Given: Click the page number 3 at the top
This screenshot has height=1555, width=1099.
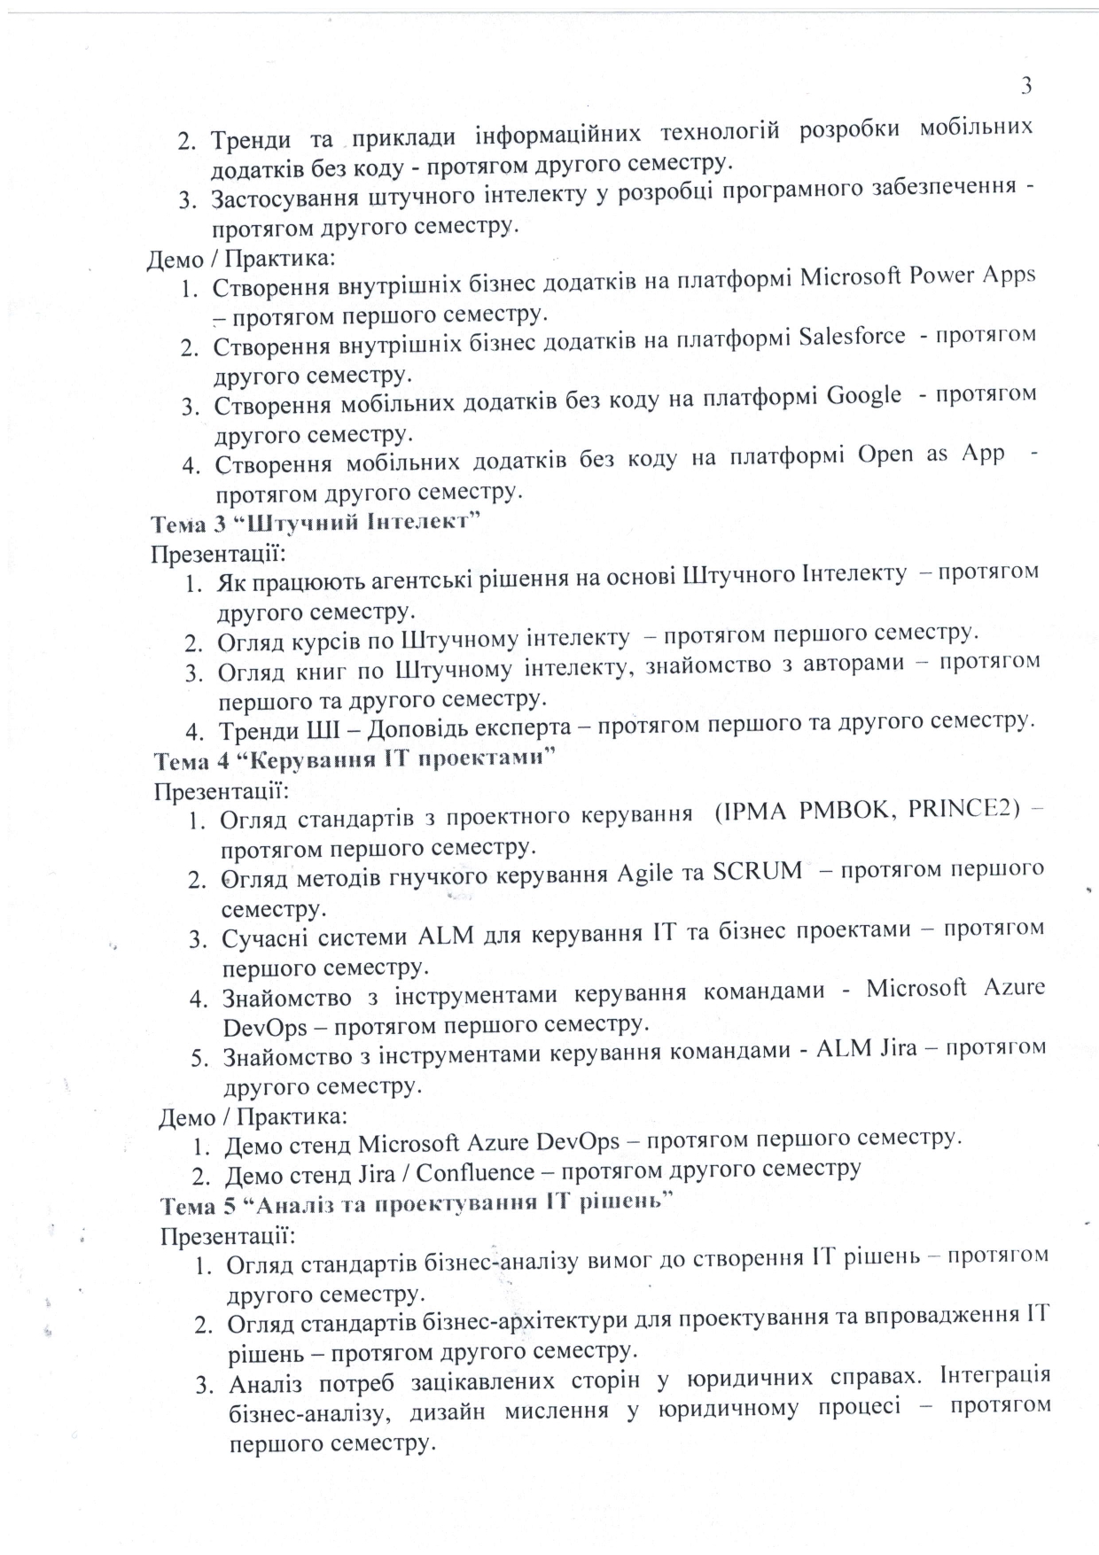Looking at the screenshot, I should (1026, 86).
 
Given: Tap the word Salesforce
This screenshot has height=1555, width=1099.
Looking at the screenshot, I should (852, 337).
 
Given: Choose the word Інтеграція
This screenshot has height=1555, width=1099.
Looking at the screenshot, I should (995, 1375).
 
